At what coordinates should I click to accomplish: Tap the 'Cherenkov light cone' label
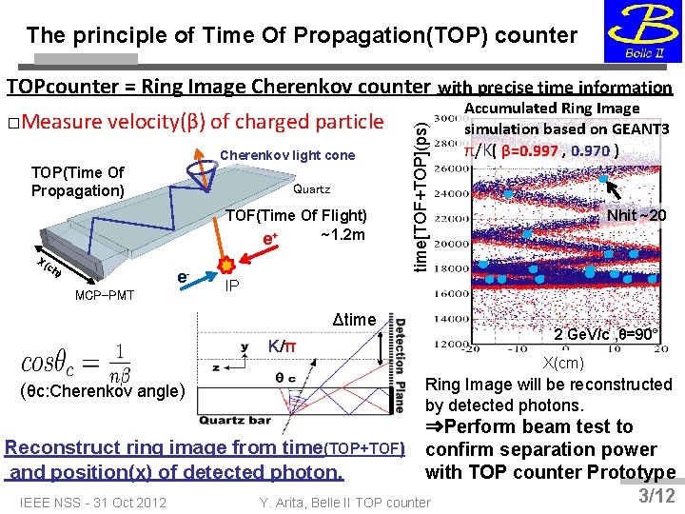(x=287, y=155)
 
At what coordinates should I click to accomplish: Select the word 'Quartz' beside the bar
(x=312, y=189)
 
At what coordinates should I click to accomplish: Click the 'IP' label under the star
(x=232, y=285)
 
